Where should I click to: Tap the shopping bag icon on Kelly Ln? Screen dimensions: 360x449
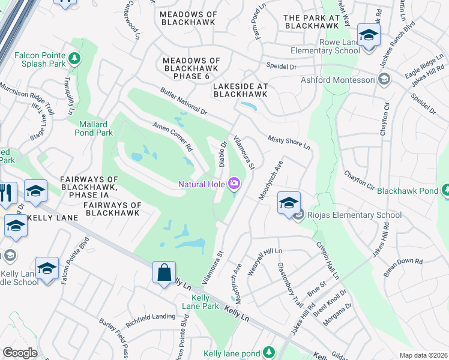(x=164, y=273)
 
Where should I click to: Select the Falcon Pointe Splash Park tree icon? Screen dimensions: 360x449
(x=74, y=58)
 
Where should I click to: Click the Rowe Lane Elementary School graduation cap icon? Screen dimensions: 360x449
(x=369, y=34)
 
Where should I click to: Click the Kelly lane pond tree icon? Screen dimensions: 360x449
(x=270, y=352)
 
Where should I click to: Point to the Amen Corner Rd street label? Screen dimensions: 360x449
(x=172, y=137)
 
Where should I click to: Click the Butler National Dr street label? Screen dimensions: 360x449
(x=183, y=101)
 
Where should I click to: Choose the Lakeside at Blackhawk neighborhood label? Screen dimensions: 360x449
(x=240, y=90)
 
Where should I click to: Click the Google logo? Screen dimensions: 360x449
(x=20, y=353)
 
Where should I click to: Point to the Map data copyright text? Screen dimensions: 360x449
(x=423, y=355)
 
